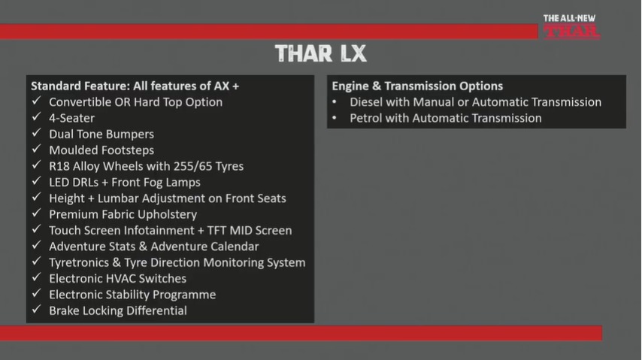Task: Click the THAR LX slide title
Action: [x=320, y=53]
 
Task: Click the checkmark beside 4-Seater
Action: [x=36, y=116]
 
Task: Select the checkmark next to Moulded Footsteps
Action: [x=36, y=149]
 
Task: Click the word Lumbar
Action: [x=118, y=198]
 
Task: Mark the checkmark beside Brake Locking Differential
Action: [x=36, y=309]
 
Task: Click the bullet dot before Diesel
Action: [x=335, y=101]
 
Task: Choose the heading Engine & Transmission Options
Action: [x=417, y=86]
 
